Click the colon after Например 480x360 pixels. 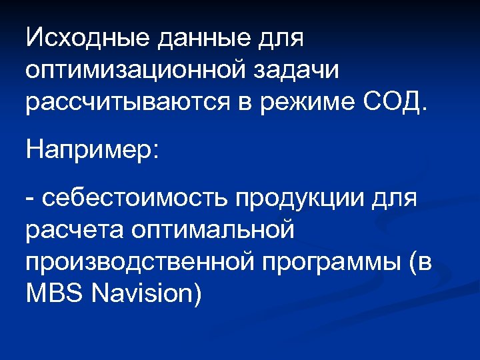[x=156, y=151]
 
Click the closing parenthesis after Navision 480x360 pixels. [x=196, y=293]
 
